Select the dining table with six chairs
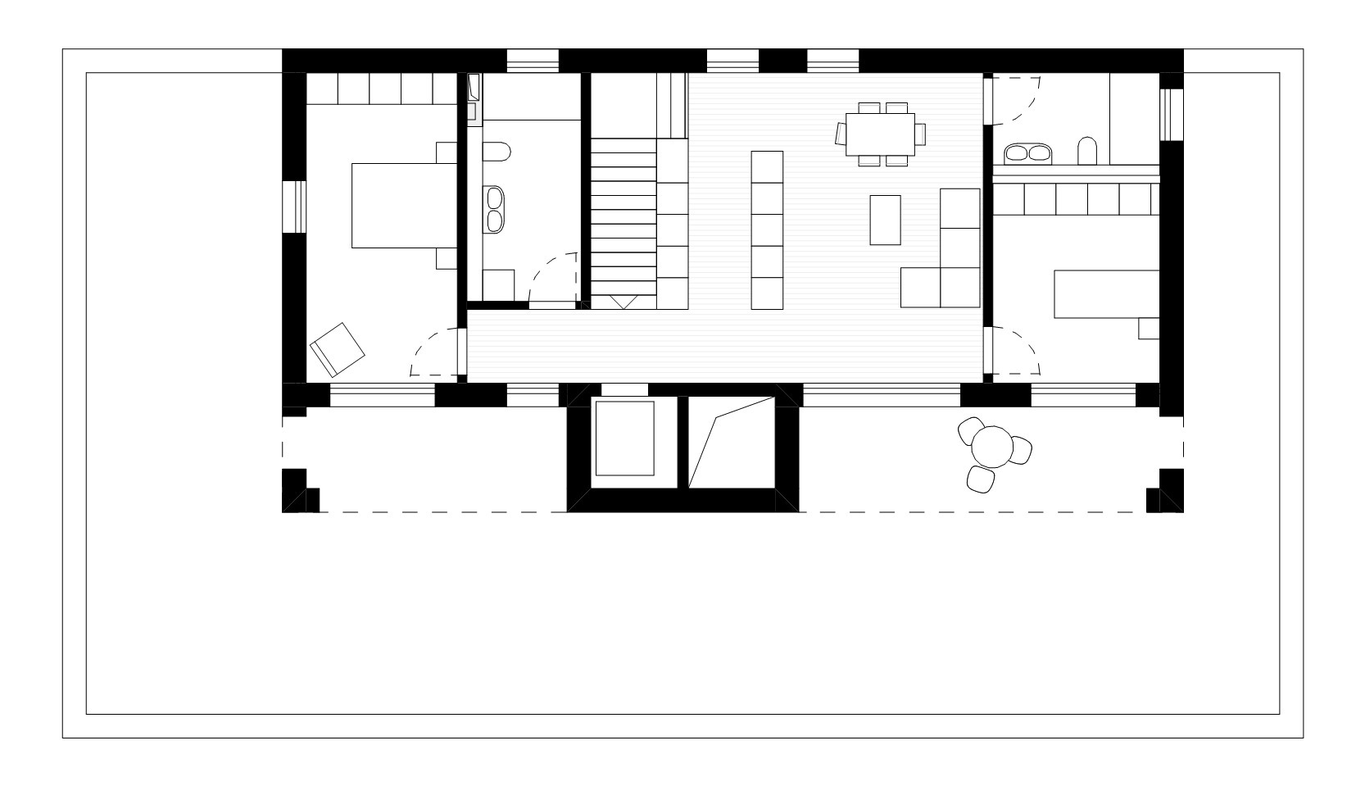pos(881,134)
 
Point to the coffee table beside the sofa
pos(885,220)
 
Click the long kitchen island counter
pos(767,230)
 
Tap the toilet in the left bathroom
pos(497,152)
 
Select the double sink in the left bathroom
pos(495,209)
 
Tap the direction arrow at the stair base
pos(624,302)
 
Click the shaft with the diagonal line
pos(732,443)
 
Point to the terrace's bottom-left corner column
pos(300,491)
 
